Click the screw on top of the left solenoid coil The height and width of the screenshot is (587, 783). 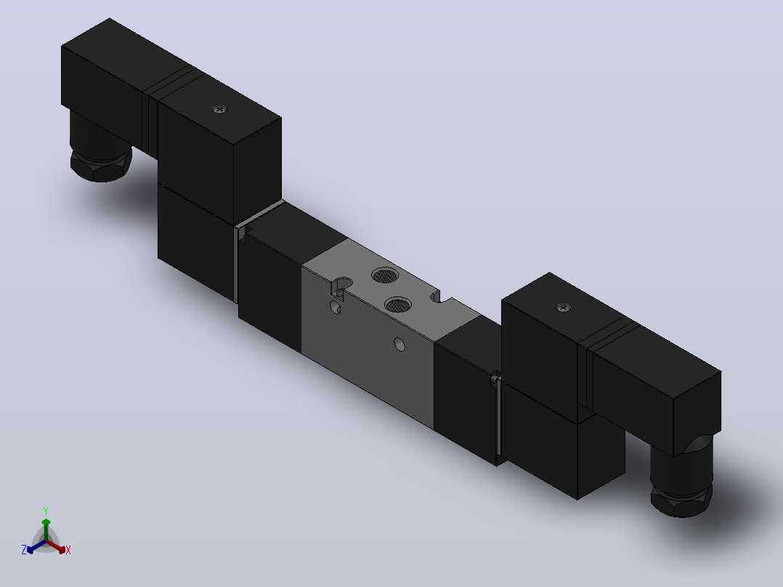[219, 109]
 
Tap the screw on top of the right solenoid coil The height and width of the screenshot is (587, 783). [564, 308]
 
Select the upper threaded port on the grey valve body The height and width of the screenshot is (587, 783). [385, 275]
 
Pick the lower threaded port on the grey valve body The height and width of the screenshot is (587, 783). [398, 304]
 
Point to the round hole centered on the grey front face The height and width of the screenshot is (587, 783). [399, 344]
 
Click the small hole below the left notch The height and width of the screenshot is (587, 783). [336, 307]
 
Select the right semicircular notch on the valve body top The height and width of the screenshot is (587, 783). [436, 297]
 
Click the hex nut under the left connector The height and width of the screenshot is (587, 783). [101, 165]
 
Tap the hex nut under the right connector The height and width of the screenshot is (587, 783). [681, 501]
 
